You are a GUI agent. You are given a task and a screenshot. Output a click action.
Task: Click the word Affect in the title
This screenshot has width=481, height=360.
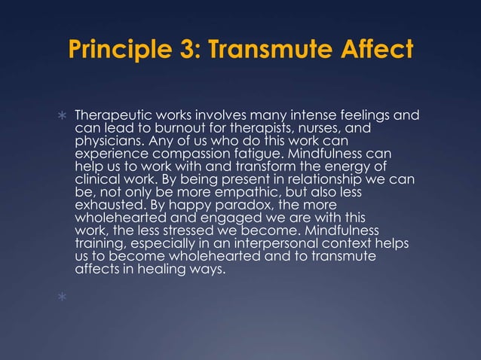(372, 50)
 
